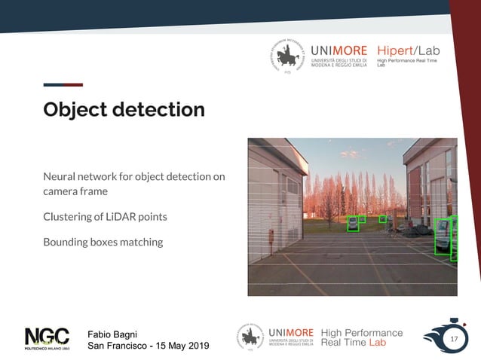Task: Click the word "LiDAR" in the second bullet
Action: (124, 217)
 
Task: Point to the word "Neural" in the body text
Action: (60, 177)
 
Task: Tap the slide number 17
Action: (454, 340)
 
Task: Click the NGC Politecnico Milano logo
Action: (47, 340)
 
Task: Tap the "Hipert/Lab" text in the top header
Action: (408, 50)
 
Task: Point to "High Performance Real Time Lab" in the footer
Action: (361, 337)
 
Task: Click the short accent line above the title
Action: (63, 85)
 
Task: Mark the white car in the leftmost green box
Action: (352, 224)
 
